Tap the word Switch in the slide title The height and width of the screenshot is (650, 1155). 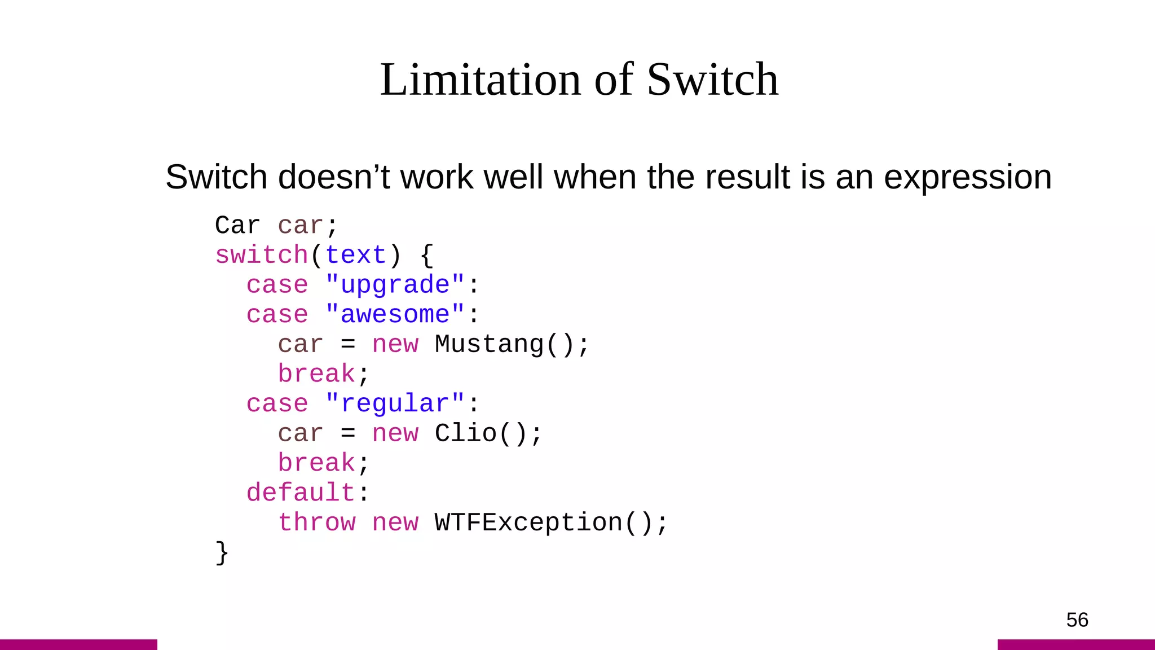click(712, 80)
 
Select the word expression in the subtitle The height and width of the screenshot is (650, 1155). click(967, 177)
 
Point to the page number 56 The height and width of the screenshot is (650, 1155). click(1077, 620)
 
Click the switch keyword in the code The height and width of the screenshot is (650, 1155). click(262, 255)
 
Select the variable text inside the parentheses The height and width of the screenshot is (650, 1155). click(356, 255)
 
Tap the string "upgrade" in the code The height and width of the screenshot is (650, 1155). click(395, 285)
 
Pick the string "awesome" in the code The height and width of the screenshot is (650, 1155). click(395, 314)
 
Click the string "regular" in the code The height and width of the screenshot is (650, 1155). click(395, 404)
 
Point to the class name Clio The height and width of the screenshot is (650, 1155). click(466, 433)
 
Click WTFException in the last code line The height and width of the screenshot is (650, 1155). click(529, 522)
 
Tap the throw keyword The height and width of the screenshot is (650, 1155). click(317, 522)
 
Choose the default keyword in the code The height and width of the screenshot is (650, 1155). click(301, 493)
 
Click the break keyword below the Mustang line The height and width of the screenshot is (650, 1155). click(316, 374)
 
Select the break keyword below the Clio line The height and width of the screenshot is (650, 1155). click(316, 463)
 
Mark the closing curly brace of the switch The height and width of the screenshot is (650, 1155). click(222, 552)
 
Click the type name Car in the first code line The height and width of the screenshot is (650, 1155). click(237, 226)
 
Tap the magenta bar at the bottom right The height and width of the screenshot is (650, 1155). click(1076, 644)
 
